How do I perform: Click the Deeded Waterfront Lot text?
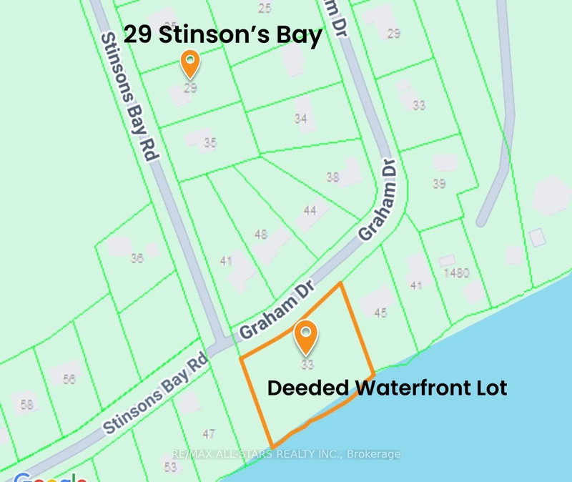[387, 388]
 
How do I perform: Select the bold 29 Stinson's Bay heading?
[223, 35]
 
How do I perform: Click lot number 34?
[301, 118]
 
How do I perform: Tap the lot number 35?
[209, 143]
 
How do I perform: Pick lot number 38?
[332, 177]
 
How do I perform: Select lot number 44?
[310, 210]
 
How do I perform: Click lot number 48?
[261, 234]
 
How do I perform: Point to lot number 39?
[439, 184]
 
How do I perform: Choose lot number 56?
[69, 380]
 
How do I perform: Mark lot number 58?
[27, 405]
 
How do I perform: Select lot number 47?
[209, 433]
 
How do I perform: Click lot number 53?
[169, 467]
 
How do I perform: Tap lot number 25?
[265, 9]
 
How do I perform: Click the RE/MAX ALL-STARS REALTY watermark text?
[286, 454]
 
